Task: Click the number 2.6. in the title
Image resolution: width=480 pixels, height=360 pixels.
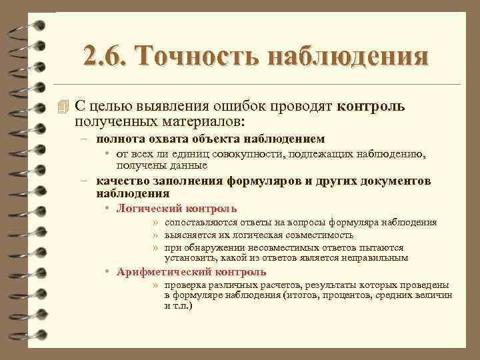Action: (x=107, y=56)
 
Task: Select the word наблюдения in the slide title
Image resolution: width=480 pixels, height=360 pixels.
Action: (x=347, y=56)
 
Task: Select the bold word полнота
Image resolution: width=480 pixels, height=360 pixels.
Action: (x=117, y=139)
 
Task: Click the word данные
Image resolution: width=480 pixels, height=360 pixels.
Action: (x=189, y=165)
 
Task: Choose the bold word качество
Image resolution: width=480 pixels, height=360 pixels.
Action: (x=121, y=181)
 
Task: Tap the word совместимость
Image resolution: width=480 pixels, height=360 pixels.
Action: (x=317, y=235)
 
